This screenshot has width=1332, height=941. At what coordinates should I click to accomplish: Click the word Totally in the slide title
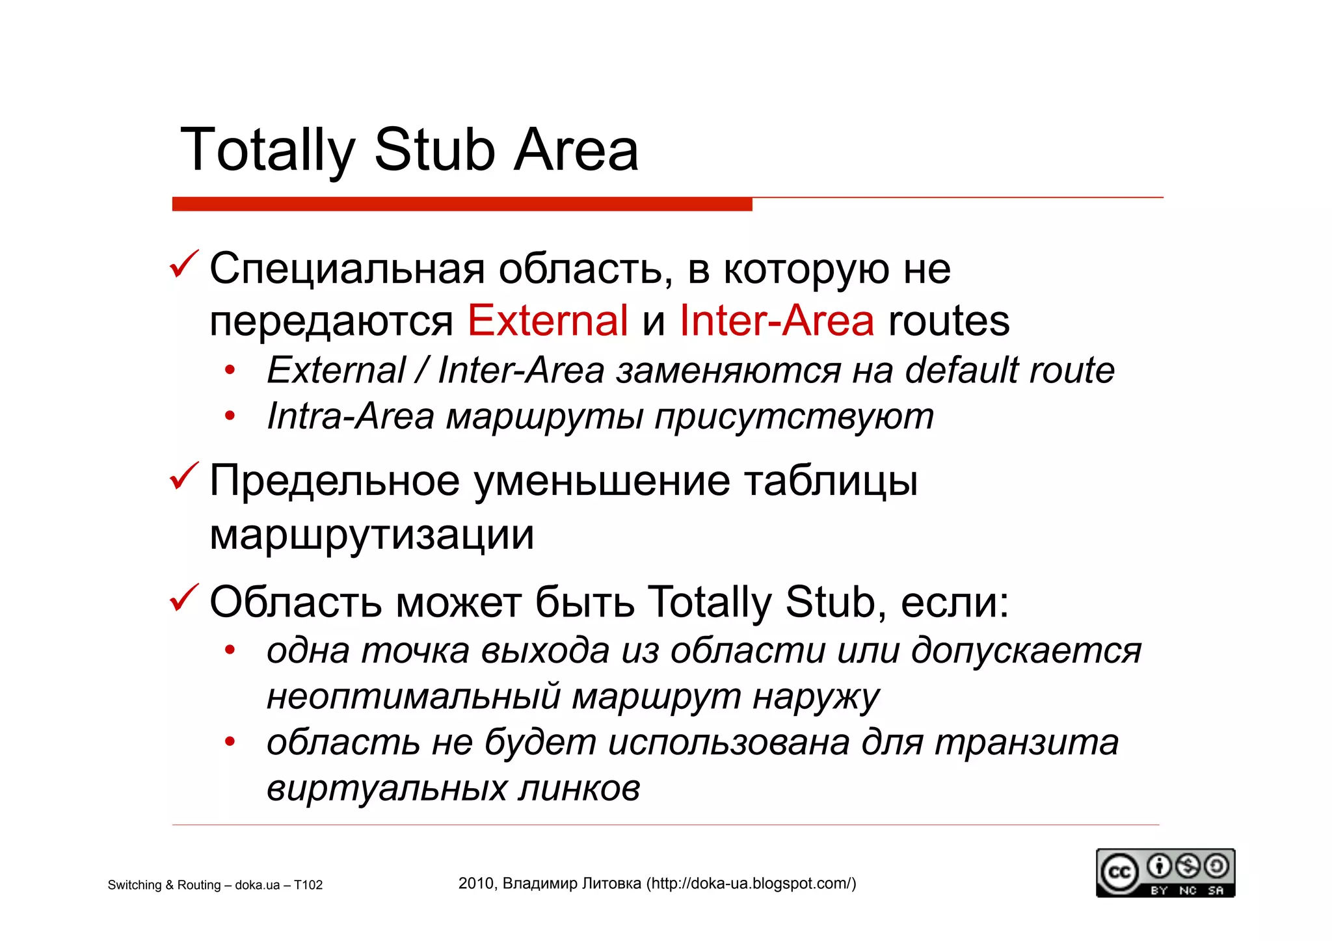[x=267, y=151]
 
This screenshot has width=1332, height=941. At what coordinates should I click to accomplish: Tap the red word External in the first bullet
[x=548, y=321]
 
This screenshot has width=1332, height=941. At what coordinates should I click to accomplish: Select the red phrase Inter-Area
[x=777, y=321]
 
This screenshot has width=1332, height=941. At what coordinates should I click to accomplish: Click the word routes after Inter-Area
[x=949, y=321]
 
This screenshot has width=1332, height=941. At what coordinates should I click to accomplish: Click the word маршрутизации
[x=372, y=535]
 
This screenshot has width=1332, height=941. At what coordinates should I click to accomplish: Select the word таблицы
[x=831, y=481]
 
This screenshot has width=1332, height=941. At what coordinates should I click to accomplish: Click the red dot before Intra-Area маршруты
[x=229, y=416]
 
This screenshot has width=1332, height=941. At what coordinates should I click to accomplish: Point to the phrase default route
[x=1009, y=370]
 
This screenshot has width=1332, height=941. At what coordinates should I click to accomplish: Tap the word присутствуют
[x=794, y=417]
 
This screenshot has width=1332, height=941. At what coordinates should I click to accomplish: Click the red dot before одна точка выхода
[x=229, y=650]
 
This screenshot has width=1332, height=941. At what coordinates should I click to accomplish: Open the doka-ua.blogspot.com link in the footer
[x=751, y=884]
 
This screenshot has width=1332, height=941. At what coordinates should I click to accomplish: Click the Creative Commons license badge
[x=1165, y=873]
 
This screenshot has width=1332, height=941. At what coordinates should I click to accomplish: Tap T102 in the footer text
[x=308, y=885]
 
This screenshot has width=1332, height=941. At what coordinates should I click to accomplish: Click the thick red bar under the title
[x=462, y=204]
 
